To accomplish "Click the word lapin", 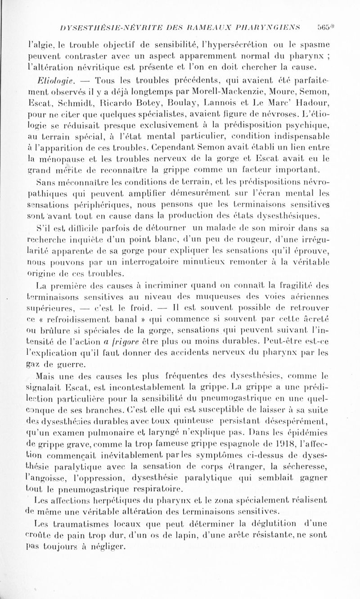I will point(193,527).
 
